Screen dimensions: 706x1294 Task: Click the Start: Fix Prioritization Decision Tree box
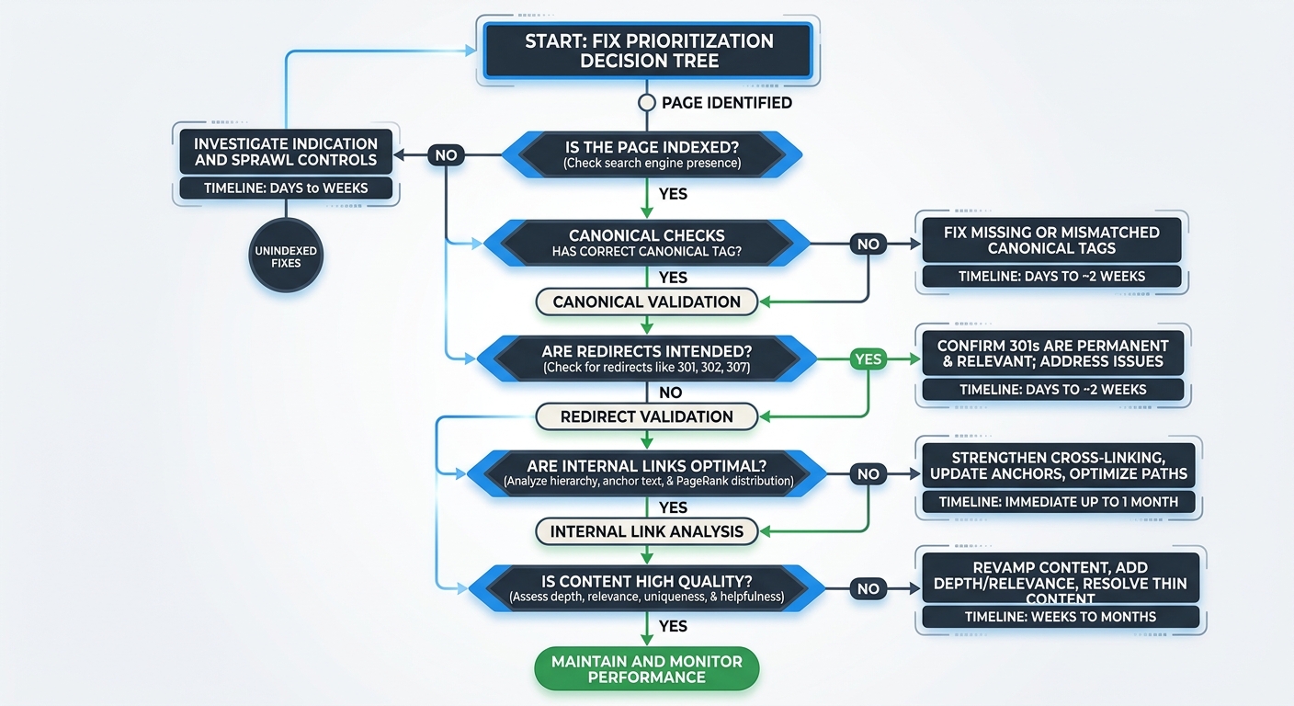point(649,51)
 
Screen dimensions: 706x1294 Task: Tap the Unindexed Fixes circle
point(285,256)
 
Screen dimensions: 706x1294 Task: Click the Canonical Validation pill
point(646,302)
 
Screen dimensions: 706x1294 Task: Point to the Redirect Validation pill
point(646,416)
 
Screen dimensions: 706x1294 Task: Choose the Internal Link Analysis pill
point(646,531)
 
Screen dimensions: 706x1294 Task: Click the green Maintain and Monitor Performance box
point(646,669)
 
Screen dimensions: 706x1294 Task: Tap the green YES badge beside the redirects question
point(868,359)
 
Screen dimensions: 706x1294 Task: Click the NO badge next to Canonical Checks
point(868,245)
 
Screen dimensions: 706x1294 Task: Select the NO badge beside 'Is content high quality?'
point(868,589)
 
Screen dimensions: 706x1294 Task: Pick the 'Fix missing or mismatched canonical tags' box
point(1051,240)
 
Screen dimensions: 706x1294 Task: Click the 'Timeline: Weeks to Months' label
point(1060,617)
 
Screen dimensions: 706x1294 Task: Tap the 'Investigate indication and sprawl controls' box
point(285,152)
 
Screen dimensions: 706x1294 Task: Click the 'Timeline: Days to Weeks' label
point(285,188)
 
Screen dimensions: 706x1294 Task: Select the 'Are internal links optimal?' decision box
point(646,473)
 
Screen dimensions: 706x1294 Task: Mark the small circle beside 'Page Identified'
point(647,103)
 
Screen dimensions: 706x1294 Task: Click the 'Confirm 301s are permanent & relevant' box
point(1053,354)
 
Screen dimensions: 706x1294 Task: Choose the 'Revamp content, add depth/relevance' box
point(1060,576)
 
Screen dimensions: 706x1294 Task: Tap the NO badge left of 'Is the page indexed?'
point(446,155)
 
